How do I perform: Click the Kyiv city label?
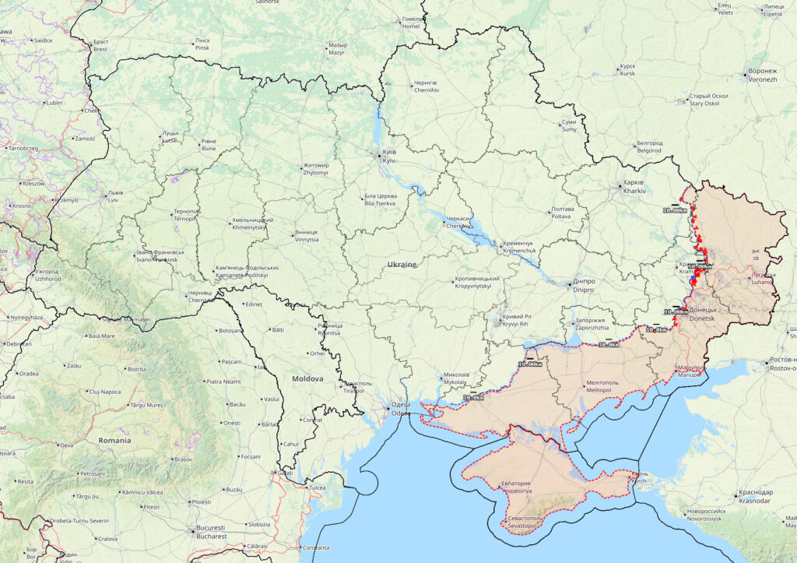[x=388, y=156]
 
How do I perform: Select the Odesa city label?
[x=400, y=409]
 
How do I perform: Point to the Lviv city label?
[x=114, y=196]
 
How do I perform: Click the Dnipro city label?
[x=583, y=286]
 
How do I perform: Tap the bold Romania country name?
[x=114, y=440]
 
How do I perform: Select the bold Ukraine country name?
[x=402, y=265]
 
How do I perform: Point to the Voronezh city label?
[x=762, y=75]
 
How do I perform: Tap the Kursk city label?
[x=627, y=70]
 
